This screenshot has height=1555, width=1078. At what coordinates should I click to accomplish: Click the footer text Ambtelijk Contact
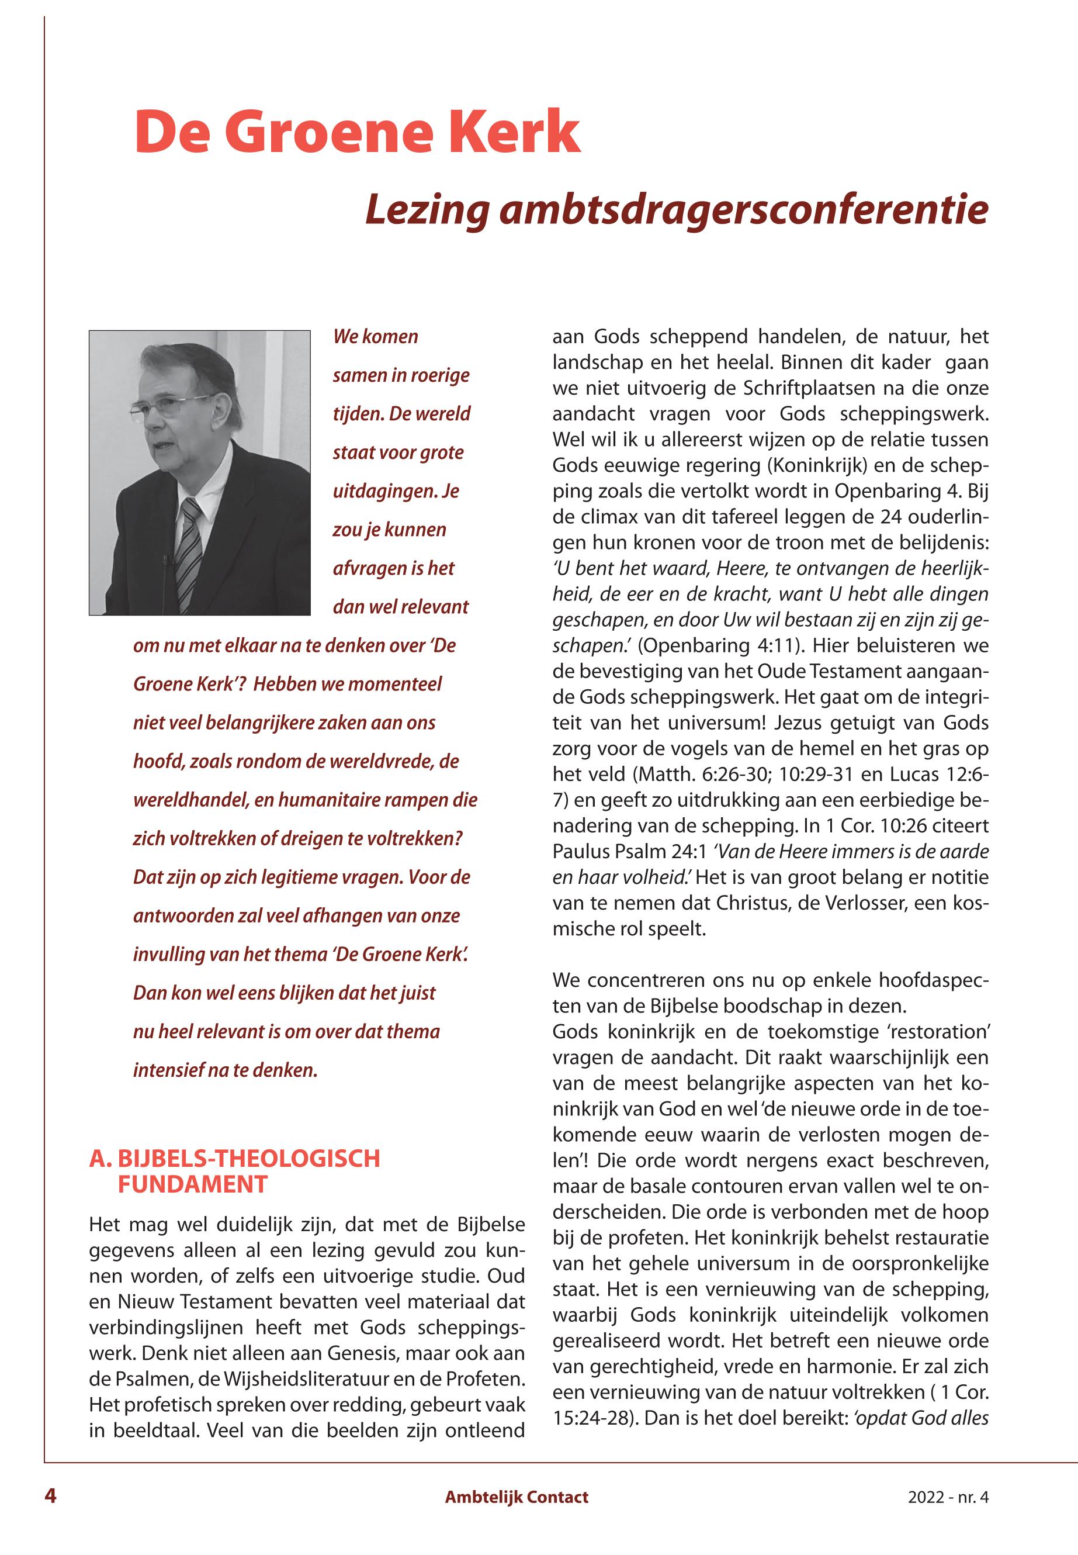point(517,1497)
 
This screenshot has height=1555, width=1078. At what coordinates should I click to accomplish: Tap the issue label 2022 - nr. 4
point(948,1497)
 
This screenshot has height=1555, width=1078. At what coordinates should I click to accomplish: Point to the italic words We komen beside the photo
point(376,337)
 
